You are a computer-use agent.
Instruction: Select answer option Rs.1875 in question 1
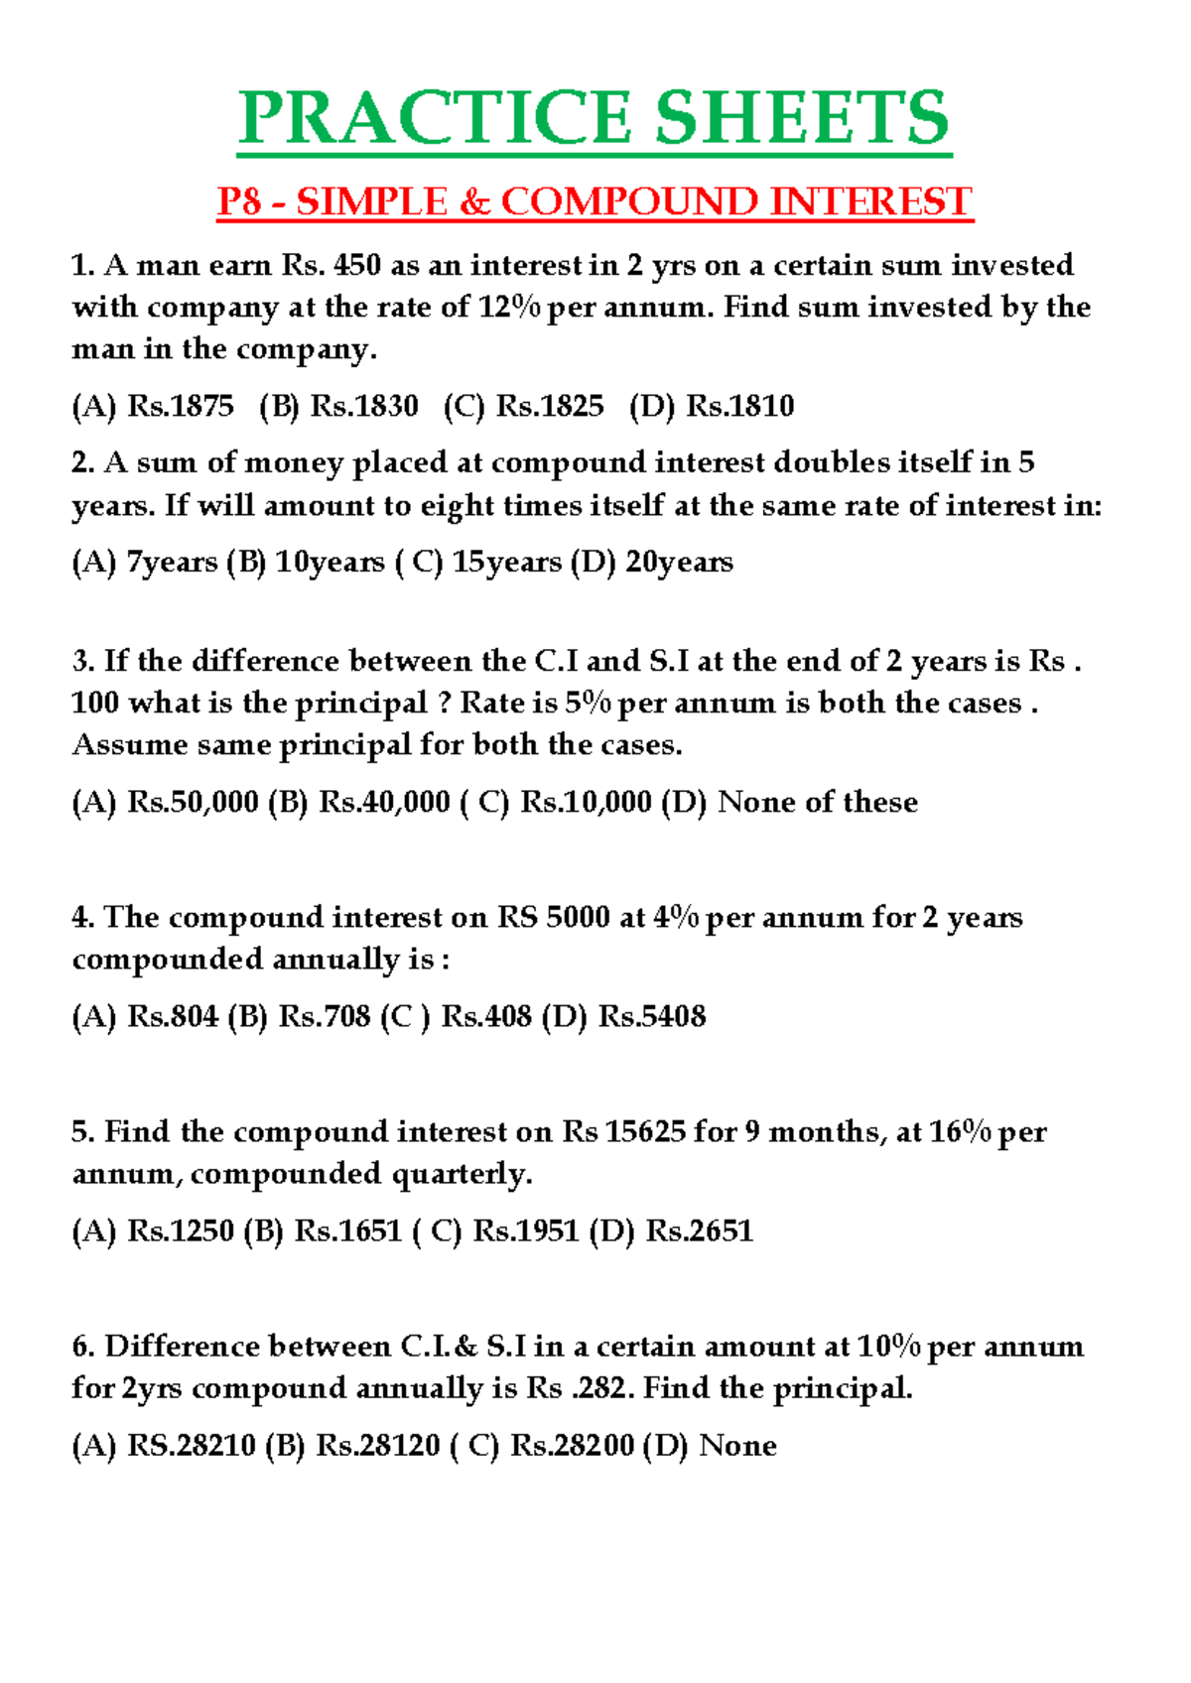coord(181,406)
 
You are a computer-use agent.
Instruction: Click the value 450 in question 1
coord(358,266)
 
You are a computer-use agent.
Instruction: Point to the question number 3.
coord(82,662)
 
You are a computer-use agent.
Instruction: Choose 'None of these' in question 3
coord(817,803)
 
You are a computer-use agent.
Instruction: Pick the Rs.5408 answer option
coord(651,1017)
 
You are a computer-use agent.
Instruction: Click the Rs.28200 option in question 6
coord(572,1446)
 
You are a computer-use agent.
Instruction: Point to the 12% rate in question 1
coord(509,308)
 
